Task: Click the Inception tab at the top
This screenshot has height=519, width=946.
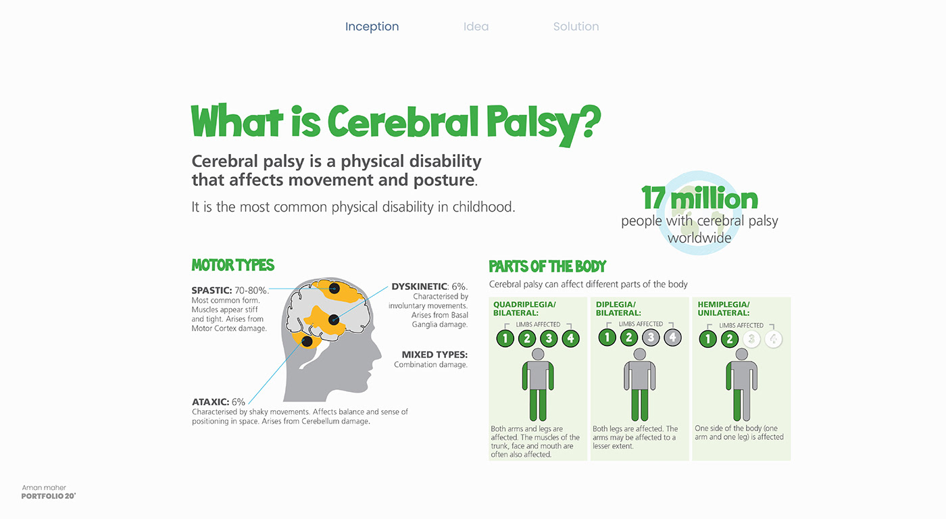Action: click(372, 26)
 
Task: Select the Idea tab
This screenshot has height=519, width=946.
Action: click(476, 26)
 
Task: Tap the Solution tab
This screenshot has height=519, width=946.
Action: click(576, 26)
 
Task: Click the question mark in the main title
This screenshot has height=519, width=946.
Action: click(591, 122)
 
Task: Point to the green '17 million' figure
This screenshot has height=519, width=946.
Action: click(699, 198)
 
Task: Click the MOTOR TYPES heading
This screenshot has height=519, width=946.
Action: click(232, 265)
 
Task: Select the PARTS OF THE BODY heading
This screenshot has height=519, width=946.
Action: click(547, 266)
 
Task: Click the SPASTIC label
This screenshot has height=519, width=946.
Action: click(211, 291)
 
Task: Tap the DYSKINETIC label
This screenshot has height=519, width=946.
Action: click(420, 287)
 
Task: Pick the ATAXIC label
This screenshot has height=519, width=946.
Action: click(210, 402)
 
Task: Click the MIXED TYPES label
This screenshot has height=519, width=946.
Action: click(434, 354)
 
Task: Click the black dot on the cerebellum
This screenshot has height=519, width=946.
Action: click(307, 341)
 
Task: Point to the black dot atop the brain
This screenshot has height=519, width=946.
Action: click(334, 289)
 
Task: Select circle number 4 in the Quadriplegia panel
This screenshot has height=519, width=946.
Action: click(570, 339)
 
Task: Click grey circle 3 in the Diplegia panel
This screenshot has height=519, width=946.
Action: click(651, 337)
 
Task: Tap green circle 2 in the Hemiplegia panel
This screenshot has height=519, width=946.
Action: click(729, 339)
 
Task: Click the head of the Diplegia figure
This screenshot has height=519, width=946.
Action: click(640, 354)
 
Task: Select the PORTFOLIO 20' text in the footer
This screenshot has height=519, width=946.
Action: click(49, 496)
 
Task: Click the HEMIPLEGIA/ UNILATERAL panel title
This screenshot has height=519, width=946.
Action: click(724, 309)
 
